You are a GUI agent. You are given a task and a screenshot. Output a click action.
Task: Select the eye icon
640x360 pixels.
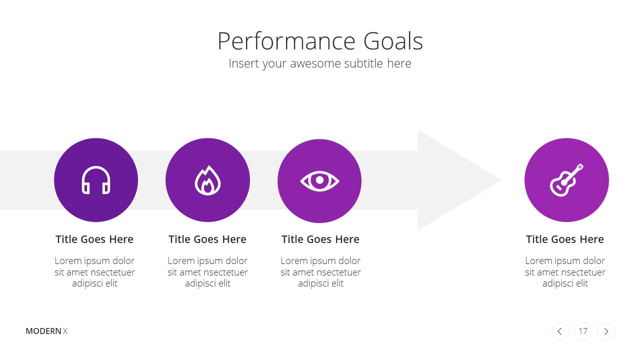coord(319,181)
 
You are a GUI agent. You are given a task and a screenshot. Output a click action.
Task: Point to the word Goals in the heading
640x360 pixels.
coord(393,41)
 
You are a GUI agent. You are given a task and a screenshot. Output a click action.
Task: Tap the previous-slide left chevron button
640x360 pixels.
coord(560,331)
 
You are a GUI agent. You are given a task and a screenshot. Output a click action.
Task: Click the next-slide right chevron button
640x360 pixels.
coord(606,331)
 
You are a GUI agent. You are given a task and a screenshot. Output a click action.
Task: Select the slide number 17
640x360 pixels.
coord(583,331)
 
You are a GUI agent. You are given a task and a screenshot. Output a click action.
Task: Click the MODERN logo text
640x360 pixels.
coord(43,331)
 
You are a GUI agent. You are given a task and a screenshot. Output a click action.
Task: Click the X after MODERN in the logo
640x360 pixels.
coord(65,331)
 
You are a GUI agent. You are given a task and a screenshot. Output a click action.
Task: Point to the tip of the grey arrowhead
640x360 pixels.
coord(501,180)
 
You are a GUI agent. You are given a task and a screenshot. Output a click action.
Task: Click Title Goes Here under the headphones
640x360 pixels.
coord(94,239)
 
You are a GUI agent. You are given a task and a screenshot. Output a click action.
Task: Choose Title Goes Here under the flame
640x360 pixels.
coord(207,239)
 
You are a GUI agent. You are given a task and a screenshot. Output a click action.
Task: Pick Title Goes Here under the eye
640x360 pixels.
coord(320,239)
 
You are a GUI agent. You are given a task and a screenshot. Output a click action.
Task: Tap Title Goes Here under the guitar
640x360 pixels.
coord(565,239)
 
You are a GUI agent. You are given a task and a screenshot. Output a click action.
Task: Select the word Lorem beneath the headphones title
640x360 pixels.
coord(66,260)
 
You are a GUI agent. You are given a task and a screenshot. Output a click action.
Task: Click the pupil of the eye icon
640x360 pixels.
coord(319,180)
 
